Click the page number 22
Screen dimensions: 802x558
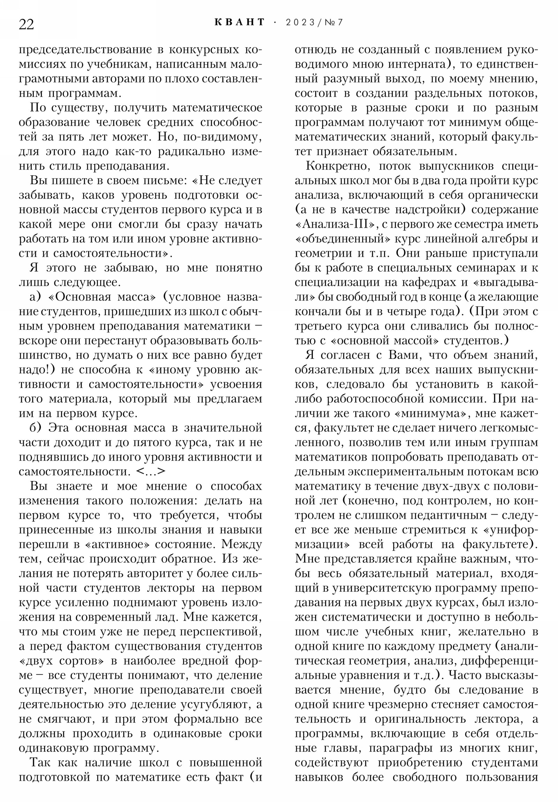[26, 24]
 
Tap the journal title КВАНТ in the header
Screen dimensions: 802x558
[240, 22]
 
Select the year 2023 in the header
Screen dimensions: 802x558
[300, 23]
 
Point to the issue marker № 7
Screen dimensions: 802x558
[334, 23]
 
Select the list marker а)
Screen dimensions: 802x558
[36, 297]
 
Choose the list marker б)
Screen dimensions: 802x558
[36, 428]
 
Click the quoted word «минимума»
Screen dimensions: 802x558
[431, 413]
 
